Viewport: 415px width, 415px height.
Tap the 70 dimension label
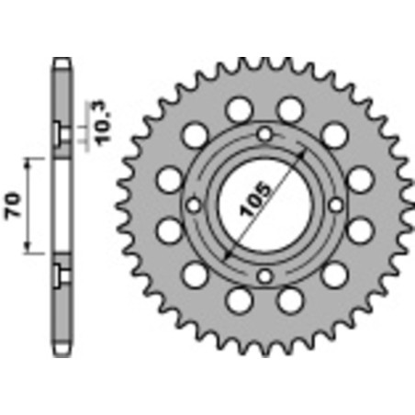coord(14,204)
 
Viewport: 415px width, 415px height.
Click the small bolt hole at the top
coord(264,135)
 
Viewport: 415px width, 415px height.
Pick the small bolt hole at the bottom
coord(264,275)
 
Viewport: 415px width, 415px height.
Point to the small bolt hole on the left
coord(194,205)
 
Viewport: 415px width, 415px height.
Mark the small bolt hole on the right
coord(335,205)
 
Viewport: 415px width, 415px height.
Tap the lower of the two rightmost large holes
coord(359,230)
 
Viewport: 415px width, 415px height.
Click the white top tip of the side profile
coord(61,63)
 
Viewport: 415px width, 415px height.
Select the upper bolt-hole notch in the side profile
coord(61,133)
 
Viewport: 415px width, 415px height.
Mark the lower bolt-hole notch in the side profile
coord(61,273)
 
